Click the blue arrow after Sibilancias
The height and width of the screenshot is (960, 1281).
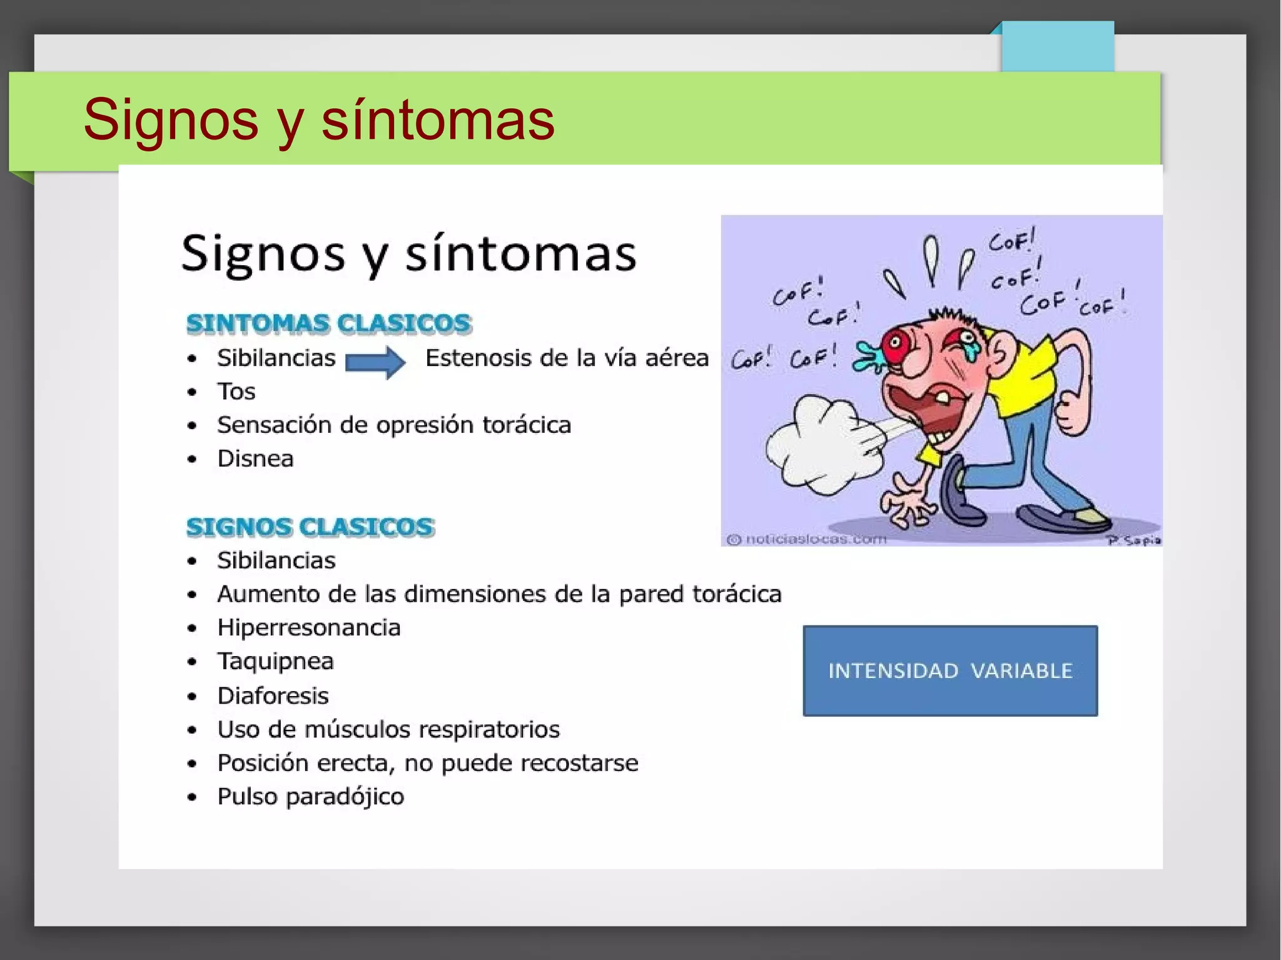coord(375,361)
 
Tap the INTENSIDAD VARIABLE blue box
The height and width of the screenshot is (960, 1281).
coord(949,670)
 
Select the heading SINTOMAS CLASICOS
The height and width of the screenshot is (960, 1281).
coord(329,323)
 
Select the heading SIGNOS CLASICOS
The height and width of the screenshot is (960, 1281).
coord(310,527)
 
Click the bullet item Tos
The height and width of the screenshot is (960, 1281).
coord(236,392)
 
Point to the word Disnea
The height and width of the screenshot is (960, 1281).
coord(255,458)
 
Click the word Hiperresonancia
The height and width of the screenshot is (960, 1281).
coord(309,627)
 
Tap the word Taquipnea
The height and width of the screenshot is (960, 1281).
coord(275,661)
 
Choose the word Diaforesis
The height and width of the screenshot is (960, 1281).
coord(273,695)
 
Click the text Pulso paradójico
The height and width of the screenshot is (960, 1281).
coord(311,796)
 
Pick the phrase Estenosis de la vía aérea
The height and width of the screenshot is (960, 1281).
coord(567,358)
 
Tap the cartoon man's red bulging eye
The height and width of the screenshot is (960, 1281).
coord(896,343)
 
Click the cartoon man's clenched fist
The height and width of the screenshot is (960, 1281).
coord(1071,412)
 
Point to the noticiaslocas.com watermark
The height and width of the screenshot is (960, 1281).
coord(807,539)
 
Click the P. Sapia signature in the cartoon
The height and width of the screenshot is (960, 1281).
coord(1133,540)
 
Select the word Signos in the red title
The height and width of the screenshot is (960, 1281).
coord(171,119)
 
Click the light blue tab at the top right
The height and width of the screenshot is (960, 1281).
coord(1057,47)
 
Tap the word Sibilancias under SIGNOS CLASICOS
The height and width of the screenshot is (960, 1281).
coord(276,560)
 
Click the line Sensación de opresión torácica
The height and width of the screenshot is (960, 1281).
coord(394,425)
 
